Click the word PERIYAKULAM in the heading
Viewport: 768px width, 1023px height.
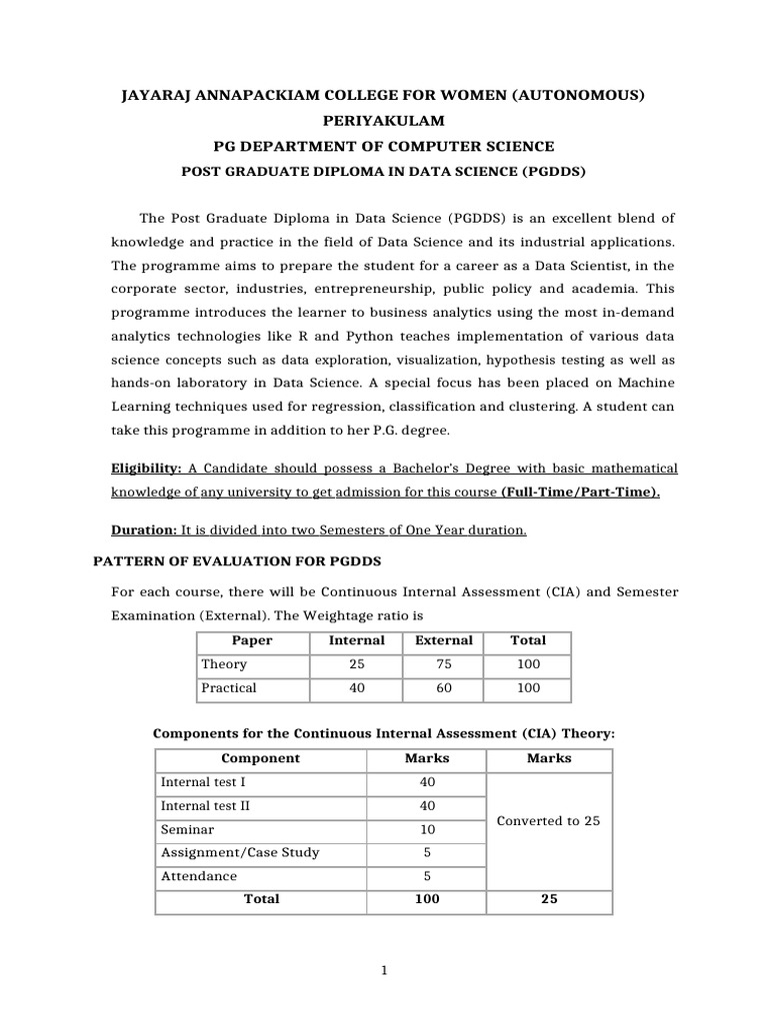point(383,120)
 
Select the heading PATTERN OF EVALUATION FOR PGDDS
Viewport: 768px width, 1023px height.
point(238,561)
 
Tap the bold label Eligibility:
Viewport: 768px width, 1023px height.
point(147,469)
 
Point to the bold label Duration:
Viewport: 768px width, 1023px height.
point(144,530)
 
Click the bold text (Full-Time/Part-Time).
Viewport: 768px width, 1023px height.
point(580,493)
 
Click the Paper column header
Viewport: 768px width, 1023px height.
point(252,640)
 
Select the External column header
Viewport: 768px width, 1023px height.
point(444,640)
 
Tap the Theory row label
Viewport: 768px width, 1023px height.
point(224,664)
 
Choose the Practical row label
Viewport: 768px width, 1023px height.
point(229,688)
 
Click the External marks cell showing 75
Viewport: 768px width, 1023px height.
point(444,664)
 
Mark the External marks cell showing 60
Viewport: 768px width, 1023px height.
point(444,688)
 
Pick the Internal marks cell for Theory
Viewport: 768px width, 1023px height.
point(356,664)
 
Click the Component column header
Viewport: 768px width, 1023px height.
point(260,758)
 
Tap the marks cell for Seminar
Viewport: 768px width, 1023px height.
point(426,829)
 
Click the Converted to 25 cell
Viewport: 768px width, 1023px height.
point(548,821)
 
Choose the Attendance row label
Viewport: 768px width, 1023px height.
point(199,876)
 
